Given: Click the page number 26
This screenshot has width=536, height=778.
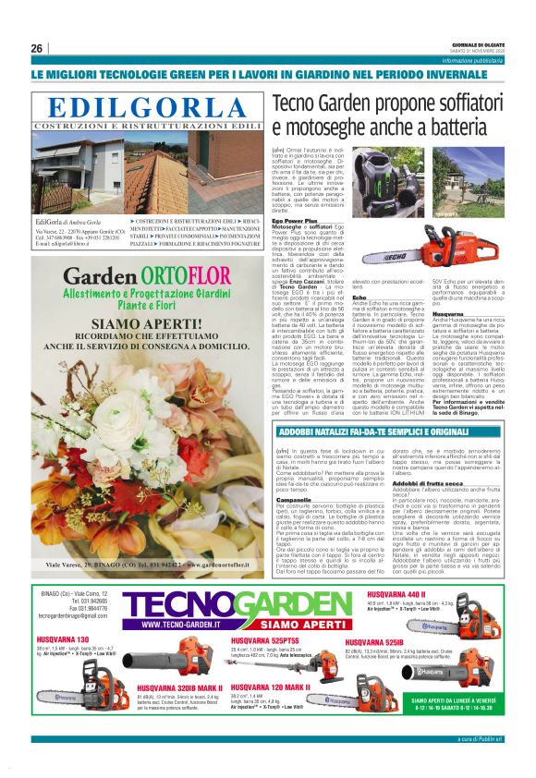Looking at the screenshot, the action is coord(37,48).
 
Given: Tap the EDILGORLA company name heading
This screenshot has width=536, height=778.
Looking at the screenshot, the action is coord(150,107).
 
